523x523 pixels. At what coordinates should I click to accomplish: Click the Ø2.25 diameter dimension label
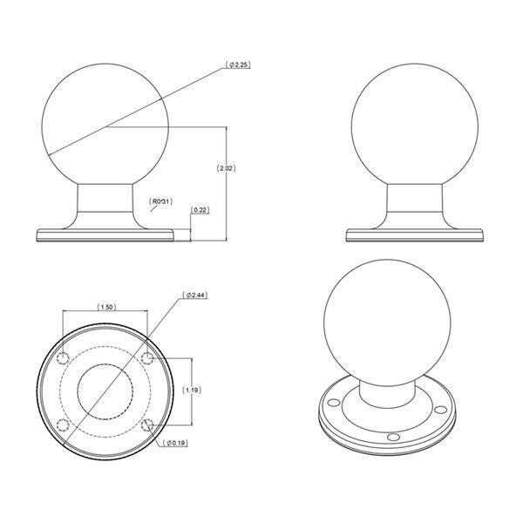(238, 65)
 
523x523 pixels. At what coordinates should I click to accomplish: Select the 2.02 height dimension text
(226, 168)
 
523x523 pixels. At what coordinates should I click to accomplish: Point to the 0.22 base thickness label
(200, 210)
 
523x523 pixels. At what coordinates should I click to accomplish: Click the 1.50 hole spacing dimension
(106, 307)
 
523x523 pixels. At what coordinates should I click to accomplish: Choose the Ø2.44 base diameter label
(195, 295)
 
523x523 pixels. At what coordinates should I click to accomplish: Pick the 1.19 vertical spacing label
(192, 390)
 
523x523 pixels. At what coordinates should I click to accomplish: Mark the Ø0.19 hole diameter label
(175, 443)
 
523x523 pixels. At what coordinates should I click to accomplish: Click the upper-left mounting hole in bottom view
(63, 358)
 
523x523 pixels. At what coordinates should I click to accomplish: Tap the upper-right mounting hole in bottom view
(146, 358)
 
